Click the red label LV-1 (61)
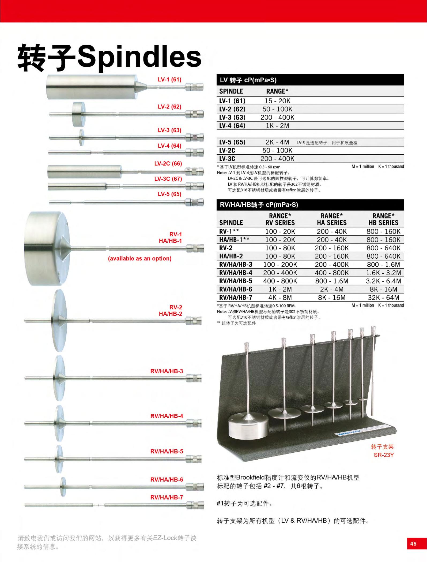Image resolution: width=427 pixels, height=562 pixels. coord(169,79)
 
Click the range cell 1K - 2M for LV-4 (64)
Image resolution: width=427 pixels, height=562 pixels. coord(277,126)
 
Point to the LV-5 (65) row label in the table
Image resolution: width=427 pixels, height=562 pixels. coord(232,142)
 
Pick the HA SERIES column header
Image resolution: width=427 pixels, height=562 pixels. coord(332,222)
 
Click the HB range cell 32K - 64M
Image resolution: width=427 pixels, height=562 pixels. coord(383,297)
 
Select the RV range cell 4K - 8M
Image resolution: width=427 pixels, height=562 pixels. coord(280,297)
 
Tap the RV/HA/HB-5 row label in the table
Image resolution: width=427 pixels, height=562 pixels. coord(236,281)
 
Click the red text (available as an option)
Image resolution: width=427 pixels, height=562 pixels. coord(139,259)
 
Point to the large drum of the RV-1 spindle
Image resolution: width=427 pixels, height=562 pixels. coord(46,248)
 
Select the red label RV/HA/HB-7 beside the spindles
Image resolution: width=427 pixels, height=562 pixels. coord(167,497)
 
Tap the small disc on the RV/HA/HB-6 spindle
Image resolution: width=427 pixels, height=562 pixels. coord(63,486)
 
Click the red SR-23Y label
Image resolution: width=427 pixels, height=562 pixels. coord(384,455)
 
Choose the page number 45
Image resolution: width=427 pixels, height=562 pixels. coord(413,544)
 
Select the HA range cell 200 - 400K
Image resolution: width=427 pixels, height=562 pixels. coord(332,265)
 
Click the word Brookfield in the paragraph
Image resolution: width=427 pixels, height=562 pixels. coord(253,477)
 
